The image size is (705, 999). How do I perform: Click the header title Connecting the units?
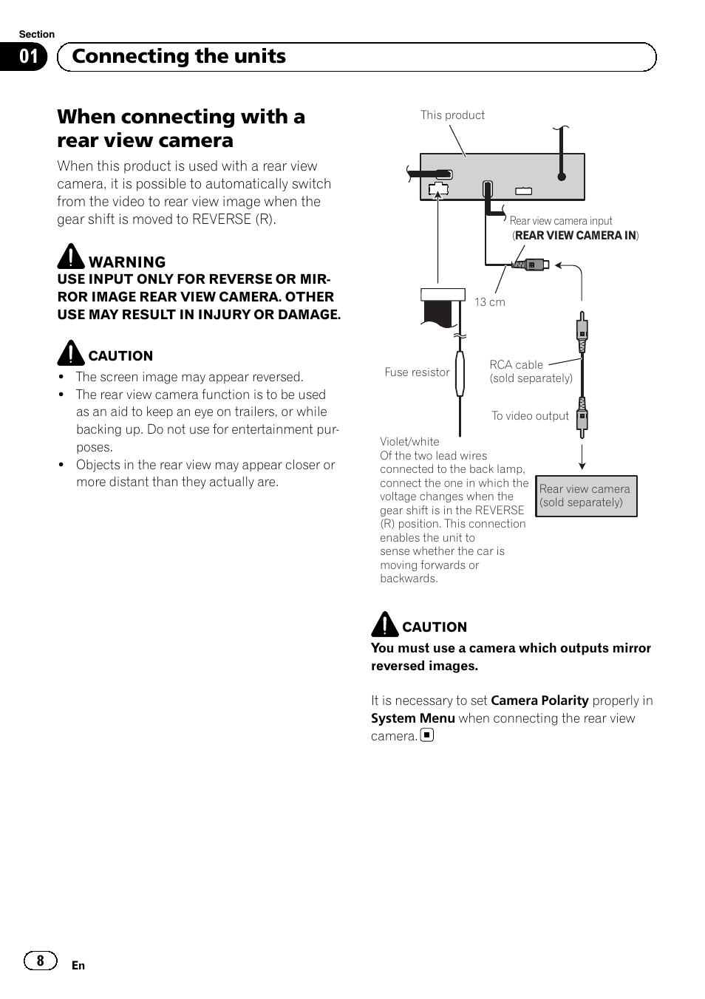[179, 57]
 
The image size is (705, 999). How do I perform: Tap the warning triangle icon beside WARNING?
[71, 256]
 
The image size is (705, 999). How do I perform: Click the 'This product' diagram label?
[452, 115]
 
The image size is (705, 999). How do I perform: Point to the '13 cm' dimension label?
[490, 302]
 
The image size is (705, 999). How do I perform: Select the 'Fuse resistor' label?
[417, 372]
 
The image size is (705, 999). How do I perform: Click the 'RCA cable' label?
[516, 365]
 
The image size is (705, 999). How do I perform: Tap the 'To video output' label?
[530, 416]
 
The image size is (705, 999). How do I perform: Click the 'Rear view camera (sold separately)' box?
[586, 496]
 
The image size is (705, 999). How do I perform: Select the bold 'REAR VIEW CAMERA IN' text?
[576, 236]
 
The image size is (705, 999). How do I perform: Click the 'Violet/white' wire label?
[409, 442]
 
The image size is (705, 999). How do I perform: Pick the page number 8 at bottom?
[40, 961]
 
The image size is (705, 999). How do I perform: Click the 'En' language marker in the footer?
[78, 966]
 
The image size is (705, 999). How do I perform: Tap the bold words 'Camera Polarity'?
[539, 700]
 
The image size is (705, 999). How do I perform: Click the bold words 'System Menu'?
[412, 718]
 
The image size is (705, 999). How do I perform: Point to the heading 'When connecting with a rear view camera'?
[181, 129]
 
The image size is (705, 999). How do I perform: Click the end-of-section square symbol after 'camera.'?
[427, 735]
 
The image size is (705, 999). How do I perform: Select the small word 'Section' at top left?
[36, 34]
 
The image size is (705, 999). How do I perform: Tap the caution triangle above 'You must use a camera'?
[384, 625]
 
